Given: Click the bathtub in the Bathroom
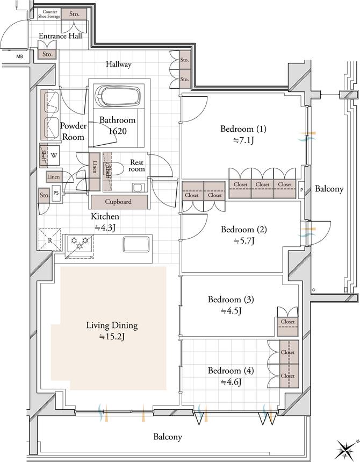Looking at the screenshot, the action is tap(118, 96).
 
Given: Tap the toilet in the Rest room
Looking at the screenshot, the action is tap(117, 168).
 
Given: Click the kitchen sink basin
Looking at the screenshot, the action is tap(136, 244).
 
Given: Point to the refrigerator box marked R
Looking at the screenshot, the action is tap(50, 239).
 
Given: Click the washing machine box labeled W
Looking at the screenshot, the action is tap(54, 155).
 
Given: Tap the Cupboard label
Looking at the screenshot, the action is tap(118, 202).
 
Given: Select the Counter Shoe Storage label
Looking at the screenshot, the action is tap(49, 14).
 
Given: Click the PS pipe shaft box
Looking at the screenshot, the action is tap(56, 193).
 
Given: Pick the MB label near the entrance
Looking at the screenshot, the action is tap(19, 56).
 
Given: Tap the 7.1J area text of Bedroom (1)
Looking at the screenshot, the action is tap(243, 140).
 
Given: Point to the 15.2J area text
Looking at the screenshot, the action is tap(112, 337).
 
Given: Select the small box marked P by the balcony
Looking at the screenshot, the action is tap(301, 190).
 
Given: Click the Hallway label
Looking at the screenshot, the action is tap(119, 64).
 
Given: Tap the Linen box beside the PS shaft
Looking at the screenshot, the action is tap(54, 177).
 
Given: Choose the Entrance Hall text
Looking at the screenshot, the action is tap(60, 36).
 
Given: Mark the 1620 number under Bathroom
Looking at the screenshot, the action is tap(118, 131).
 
